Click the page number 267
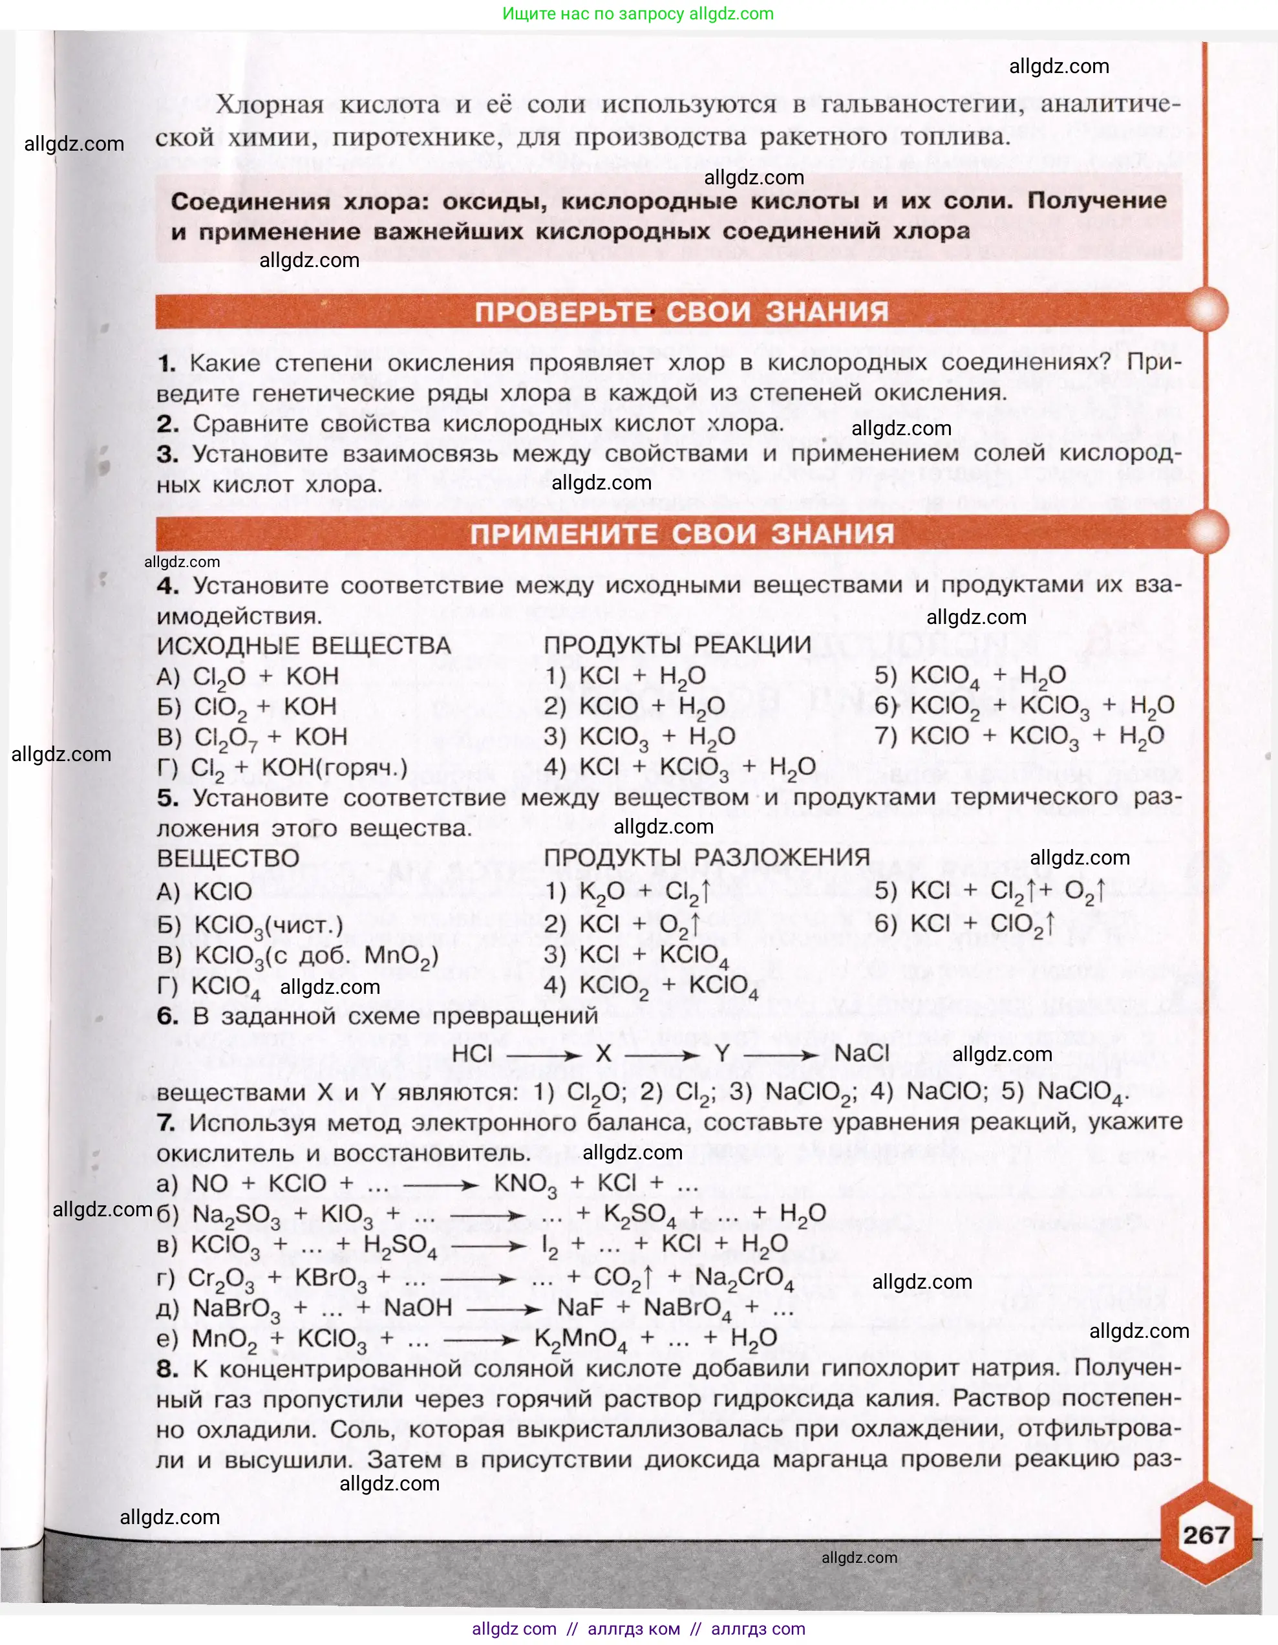point(1205,1535)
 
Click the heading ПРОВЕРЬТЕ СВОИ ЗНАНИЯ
point(681,311)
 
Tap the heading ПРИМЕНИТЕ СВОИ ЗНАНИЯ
point(681,533)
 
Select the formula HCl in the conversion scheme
point(472,1054)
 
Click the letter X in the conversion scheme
point(603,1054)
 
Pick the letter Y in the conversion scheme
point(722,1054)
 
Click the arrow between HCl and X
point(544,1056)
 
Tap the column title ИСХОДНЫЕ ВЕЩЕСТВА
point(303,645)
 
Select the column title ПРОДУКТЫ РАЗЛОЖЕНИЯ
point(707,857)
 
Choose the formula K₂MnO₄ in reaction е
point(580,1339)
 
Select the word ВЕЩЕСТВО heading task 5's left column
point(228,858)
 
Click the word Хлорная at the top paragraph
point(270,105)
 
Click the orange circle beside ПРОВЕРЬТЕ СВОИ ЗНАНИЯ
point(1206,310)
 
